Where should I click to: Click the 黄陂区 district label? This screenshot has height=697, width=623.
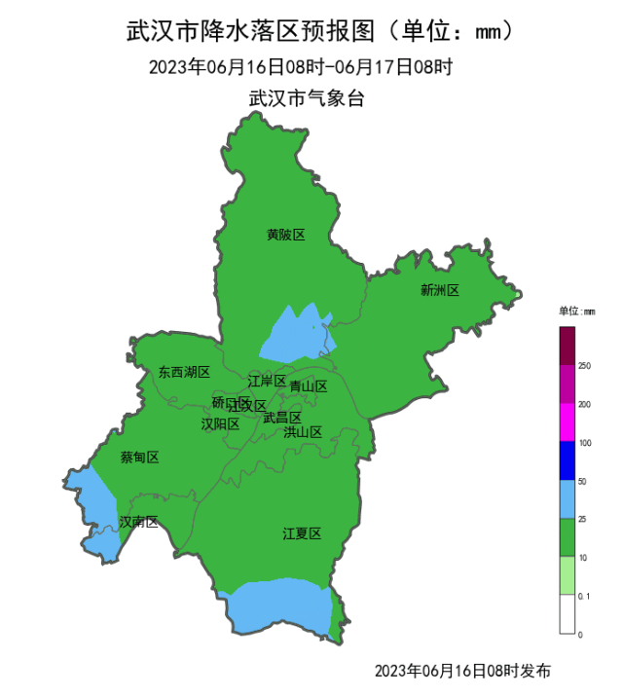[285, 235]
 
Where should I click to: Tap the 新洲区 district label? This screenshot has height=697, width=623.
[439, 289]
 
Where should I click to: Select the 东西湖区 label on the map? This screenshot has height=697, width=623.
[184, 372]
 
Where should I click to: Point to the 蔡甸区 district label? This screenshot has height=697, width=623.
[139, 458]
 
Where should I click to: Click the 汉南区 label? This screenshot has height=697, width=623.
[138, 523]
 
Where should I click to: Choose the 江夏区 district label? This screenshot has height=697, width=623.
[302, 533]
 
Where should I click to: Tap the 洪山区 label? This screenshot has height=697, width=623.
[303, 431]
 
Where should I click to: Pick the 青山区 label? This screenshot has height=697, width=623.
[309, 386]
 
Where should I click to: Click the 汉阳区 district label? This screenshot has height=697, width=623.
[220, 423]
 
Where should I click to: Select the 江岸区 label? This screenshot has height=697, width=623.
[266, 381]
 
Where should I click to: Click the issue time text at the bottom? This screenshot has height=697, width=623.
[462, 671]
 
